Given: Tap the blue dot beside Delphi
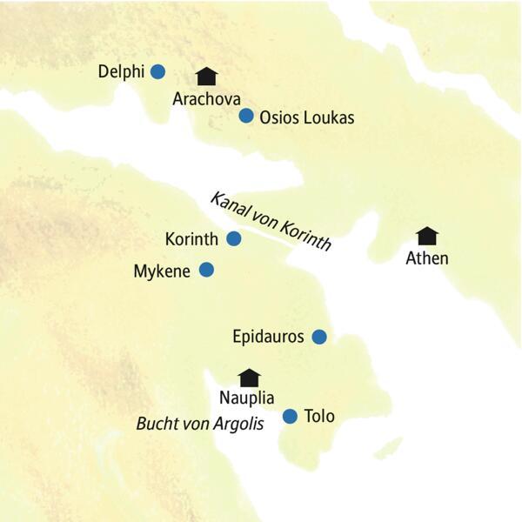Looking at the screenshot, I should (x=157, y=72).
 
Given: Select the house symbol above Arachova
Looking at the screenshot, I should (x=206, y=77).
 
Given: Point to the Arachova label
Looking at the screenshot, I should (x=206, y=98).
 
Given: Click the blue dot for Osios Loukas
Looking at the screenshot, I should (x=246, y=116).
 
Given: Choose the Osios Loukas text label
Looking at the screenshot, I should (x=307, y=117).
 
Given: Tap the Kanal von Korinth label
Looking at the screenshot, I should (x=271, y=221).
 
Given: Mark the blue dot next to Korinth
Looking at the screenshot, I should (x=233, y=238).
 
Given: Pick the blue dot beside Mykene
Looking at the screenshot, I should (x=206, y=271).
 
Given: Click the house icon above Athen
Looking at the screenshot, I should (x=426, y=236).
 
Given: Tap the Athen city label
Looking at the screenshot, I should (x=427, y=258).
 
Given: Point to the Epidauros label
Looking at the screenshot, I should (x=269, y=337).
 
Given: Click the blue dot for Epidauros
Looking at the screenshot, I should (x=319, y=337).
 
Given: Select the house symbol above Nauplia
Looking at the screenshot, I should (x=250, y=377).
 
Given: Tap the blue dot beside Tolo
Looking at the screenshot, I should (x=291, y=417).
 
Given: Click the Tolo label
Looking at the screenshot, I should (x=319, y=417).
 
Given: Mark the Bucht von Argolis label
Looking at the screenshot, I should (x=200, y=425).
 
